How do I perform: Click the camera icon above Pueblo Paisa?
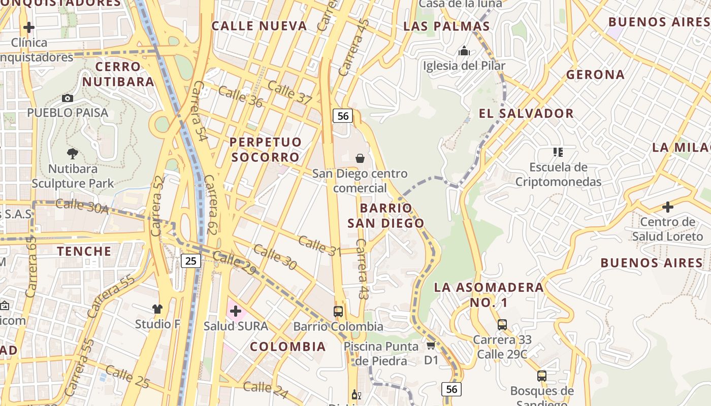67,98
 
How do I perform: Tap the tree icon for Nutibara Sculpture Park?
73,153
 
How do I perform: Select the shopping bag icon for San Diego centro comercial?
360,158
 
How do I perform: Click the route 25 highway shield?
190,261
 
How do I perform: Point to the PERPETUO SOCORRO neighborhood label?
266,149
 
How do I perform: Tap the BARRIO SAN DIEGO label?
385,215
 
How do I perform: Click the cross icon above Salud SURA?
236,311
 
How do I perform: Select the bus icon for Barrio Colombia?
338,311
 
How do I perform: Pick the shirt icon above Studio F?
157,309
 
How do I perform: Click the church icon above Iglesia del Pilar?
464,51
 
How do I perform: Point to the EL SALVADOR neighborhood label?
526,113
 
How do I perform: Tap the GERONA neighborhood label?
595,75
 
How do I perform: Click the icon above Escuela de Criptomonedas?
558,152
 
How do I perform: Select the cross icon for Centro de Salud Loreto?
668,207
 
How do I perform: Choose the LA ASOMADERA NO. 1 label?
489,295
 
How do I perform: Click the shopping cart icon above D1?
431,346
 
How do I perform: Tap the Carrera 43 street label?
361,269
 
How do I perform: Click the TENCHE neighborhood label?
84,251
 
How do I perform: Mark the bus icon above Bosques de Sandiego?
542,376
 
